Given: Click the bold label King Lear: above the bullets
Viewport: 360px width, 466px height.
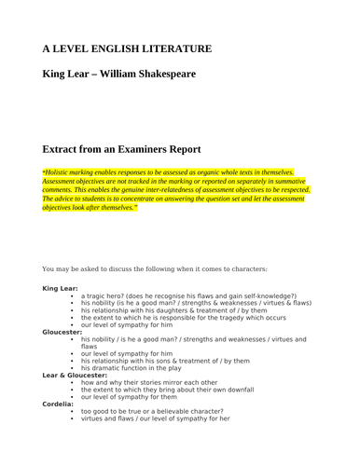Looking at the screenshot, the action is (x=61, y=289).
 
